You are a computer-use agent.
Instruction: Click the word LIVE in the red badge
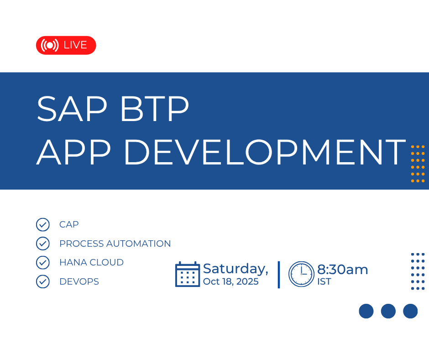click(75, 45)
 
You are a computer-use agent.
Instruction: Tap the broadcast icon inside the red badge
click(50, 45)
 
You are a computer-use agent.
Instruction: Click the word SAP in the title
click(72, 108)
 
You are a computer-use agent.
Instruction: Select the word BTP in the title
click(155, 108)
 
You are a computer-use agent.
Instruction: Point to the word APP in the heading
click(73, 152)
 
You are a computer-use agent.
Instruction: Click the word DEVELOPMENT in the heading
click(265, 152)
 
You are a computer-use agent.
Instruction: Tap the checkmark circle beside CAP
click(43, 225)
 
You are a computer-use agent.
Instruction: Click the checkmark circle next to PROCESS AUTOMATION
click(43, 244)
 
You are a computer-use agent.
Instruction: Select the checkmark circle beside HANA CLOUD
click(43, 263)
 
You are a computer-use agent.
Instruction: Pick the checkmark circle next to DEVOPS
click(43, 281)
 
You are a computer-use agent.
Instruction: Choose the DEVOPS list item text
click(79, 281)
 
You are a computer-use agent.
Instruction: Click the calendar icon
click(188, 274)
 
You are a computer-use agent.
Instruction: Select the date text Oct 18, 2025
click(230, 281)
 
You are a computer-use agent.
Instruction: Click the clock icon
click(301, 274)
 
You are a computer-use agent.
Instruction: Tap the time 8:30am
click(343, 270)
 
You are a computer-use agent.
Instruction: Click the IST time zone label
click(324, 281)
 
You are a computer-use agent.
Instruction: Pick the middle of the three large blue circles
click(388, 311)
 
